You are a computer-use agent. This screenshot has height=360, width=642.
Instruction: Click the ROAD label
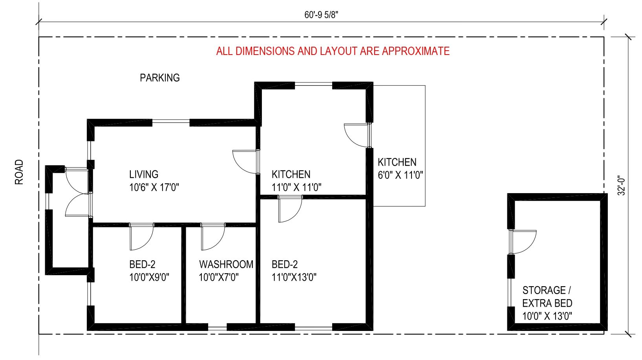pos(19,172)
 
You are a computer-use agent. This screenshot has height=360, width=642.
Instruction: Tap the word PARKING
pos(160,78)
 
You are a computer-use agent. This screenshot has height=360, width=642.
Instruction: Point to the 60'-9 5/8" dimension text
pos(321,15)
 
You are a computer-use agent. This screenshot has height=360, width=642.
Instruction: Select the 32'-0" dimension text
pos(621,185)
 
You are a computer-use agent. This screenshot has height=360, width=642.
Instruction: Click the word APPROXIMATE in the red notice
pos(415,51)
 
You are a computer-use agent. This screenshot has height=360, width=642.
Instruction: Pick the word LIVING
pos(144,174)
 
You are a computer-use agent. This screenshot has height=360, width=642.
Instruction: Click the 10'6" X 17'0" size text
pos(154,187)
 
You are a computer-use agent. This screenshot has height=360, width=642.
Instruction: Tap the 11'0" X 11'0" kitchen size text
pos(296,187)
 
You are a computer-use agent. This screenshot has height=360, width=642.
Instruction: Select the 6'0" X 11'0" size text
pos(401,175)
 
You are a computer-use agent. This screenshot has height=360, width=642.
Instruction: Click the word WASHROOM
pos(226,264)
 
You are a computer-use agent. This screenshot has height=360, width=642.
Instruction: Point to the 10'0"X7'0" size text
pos(219,278)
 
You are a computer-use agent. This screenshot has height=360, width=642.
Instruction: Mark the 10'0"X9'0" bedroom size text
pos(149,278)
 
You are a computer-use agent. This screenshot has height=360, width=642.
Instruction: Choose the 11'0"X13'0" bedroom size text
pos(294,278)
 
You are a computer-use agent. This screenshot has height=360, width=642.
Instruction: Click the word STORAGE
pos(544,291)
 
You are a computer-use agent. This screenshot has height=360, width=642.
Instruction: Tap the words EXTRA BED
pos(547,303)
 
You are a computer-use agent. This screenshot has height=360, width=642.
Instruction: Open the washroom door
pos(213,237)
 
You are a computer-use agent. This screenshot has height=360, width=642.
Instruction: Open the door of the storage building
pos(523,242)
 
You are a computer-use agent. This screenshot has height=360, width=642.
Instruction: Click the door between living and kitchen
pos(246,162)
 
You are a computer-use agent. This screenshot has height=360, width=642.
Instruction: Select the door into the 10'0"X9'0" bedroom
pos(142,237)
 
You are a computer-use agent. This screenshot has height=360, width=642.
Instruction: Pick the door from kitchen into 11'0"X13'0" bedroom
pos(290,209)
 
